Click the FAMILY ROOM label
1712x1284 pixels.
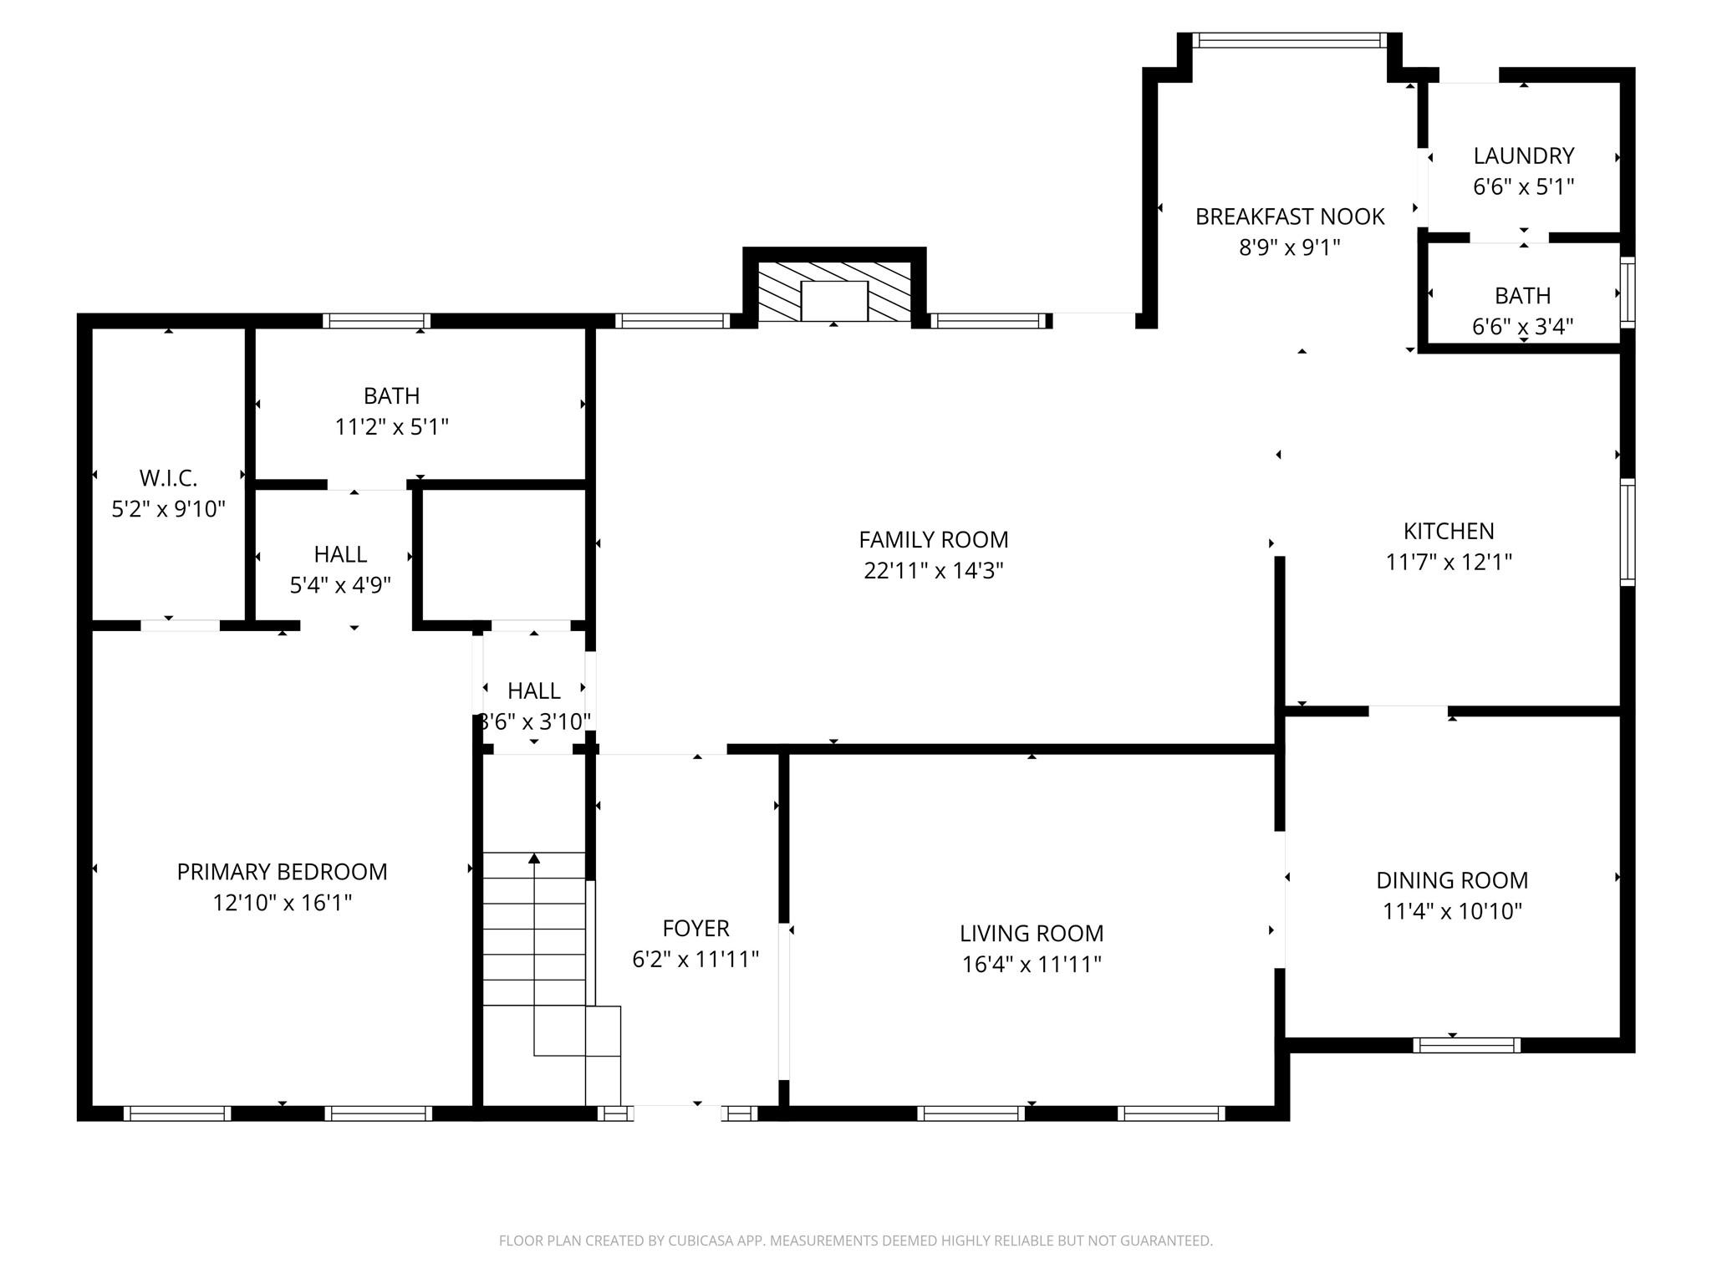pos(933,540)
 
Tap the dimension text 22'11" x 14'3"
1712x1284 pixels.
pos(933,571)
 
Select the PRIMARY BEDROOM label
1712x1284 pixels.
pos(282,872)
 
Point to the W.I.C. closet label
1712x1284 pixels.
pos(168,478)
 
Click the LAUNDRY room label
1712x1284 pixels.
pos(1523,156)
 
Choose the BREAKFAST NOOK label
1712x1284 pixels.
pos(1289,217)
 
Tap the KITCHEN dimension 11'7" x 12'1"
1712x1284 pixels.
pos(1448,562)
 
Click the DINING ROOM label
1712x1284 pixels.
pos(1451,880)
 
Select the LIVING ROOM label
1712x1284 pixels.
pos(1031,933)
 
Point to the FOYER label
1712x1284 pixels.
pos(695,928)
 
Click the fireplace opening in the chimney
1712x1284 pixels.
pos(833,301)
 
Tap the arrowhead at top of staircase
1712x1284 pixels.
pos(534,859)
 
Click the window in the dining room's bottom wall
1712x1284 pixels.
pos(1466,1045)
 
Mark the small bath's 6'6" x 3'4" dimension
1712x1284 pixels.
pos(1522,326)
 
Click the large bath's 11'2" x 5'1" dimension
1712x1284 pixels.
pos(391,427)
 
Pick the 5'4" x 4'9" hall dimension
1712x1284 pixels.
pos(340,585)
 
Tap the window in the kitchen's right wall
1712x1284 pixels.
pos(1627,532)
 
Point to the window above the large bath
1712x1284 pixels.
pos(376,321)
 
